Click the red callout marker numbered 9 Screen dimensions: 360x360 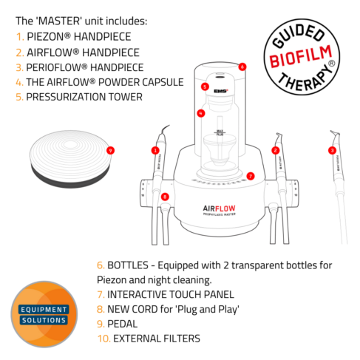(x=110, y=149)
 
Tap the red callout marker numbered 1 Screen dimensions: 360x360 (x=155, y=150)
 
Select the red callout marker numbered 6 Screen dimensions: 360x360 (x=242, y=66)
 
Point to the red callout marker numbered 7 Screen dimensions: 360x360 (x=251, y=176)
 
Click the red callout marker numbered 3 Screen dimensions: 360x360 (x=332, y=150)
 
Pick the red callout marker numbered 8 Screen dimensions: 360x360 (x=165, y=196)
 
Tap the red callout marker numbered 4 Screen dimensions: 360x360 (x=200, y=113)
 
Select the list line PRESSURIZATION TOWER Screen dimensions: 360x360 (x=85, y=96)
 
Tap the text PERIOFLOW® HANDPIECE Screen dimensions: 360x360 (x=85, y=66)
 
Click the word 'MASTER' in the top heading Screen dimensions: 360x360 (x=61, y=20)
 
